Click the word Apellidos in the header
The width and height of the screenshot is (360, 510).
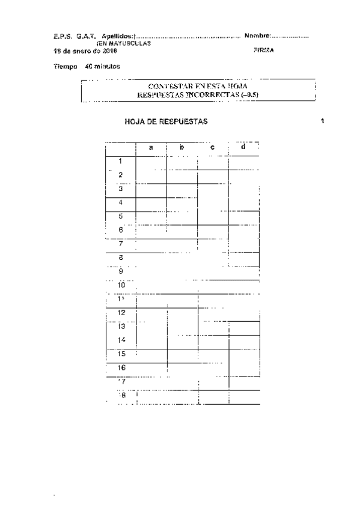click(x=118, y=37)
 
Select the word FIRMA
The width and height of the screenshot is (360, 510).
click(x=264, y=51)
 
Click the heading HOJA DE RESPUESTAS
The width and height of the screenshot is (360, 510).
click(x=166, y=121)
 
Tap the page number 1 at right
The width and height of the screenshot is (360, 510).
click(x=322, y=121)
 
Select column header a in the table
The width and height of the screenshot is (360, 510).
click(x=151, y=148)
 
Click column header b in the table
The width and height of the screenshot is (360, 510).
click(x=182, y=148)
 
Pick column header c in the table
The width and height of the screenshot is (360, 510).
click(x=213, y=148)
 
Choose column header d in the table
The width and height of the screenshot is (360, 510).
click(x=243, y=148)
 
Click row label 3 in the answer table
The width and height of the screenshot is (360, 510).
click(x=121, y=188)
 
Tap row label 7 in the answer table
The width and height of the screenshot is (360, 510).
click(x=121, y=244)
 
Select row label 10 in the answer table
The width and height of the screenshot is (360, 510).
click(x=122, y=284)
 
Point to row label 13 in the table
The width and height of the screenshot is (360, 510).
click(x=121, y=327)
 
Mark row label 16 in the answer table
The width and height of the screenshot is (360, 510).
click(x=121, y=367)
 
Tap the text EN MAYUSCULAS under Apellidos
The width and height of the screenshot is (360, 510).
click(x=124, y=44)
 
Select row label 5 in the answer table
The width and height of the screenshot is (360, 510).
click(x=121, y=216)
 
